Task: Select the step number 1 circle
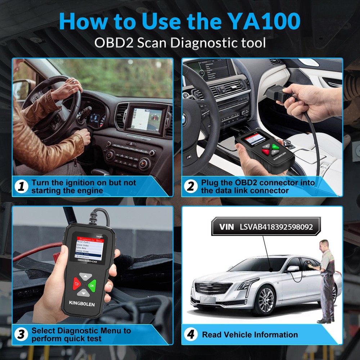(x=22, y=186)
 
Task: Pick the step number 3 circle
(x=22, y=334)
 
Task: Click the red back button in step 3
(x=76, y=283)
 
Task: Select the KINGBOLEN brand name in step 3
(x=80, y=304)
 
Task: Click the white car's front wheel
(x=265, y=300)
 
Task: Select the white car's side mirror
(x=292, y=269)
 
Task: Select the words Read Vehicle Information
(x=250, y=335)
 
